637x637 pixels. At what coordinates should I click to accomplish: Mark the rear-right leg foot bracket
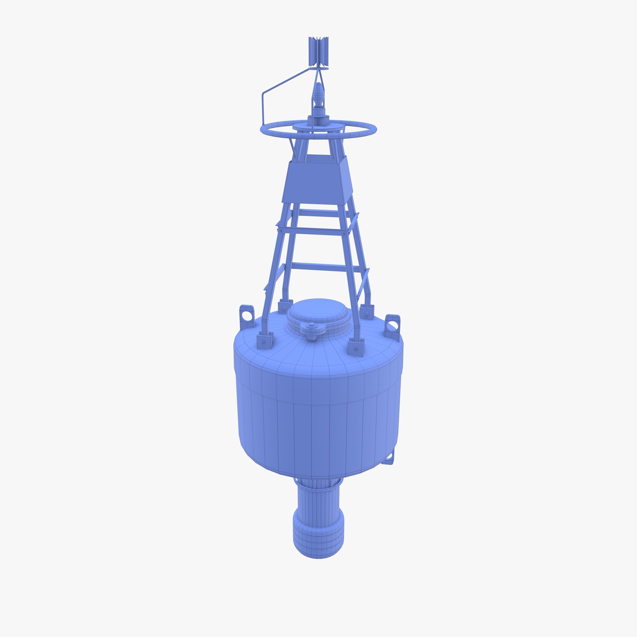[x=366, y=310]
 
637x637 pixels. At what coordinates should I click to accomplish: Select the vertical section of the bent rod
[x=263, y=107]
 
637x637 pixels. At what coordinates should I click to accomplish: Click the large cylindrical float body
[x=318, y=412]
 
